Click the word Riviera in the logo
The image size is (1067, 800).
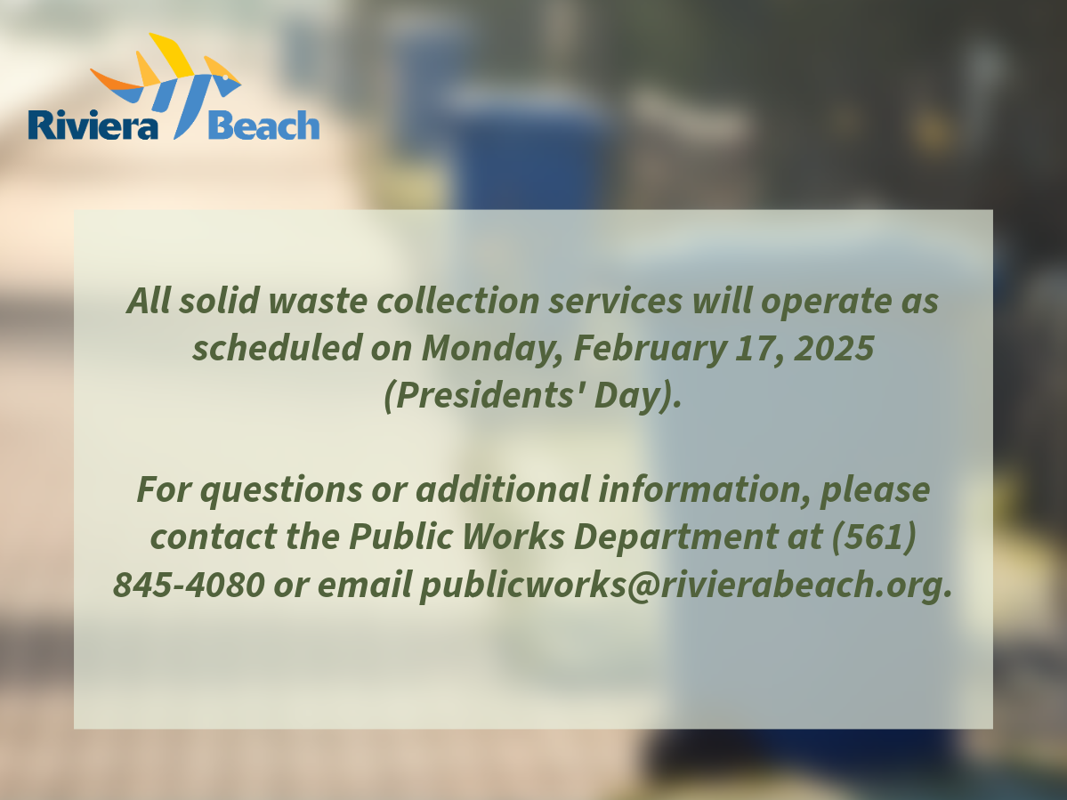click(x=93, y=125)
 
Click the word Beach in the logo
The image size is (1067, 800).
click(x=263, y=125)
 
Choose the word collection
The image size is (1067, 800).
click(x=458, y=301)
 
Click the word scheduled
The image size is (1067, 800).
click(x=277, y=348)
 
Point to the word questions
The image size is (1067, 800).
click(x=281, y=489)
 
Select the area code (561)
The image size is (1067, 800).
click(x=874, y=537)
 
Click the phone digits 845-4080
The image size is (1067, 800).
click(x=189, y=585)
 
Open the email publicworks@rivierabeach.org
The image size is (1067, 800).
click(x=686, y=585)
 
